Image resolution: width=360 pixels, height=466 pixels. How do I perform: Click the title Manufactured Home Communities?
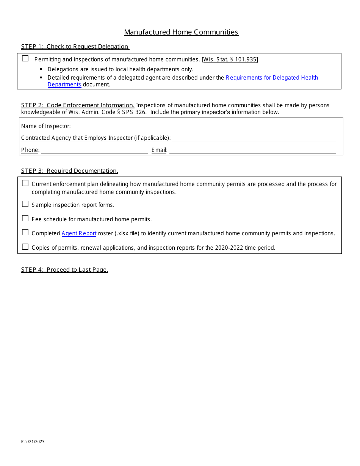pos(181,32)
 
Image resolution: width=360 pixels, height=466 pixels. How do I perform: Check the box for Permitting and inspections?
pos(25,58)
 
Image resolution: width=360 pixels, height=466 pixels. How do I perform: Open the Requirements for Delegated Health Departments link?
pos(272,78)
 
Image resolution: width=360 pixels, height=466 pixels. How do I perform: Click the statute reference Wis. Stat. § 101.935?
pos(230,59)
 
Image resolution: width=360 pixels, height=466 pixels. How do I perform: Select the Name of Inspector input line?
pos(204,126)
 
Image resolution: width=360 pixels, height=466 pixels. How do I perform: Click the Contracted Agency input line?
pos(254,138)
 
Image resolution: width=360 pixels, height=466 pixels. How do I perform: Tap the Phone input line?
pos(95,150)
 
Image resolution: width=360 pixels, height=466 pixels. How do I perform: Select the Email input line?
pos(252,150)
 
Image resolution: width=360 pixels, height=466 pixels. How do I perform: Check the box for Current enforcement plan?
pos(25,183)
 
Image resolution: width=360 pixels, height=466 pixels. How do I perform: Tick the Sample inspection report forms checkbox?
pos(25,204)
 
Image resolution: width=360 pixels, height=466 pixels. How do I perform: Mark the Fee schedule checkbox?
pos(25,218)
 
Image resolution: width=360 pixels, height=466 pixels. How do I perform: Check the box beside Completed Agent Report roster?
pos(25,233)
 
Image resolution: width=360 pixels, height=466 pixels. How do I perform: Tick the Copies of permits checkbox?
pos(25,247)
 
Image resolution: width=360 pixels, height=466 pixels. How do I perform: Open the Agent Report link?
pos(79,233)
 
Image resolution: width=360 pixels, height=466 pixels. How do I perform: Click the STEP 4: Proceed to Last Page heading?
pos(64,270)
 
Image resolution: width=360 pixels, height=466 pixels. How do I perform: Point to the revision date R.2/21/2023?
pos(33,442)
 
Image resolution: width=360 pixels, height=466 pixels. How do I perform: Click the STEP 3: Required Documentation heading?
pos(70,171)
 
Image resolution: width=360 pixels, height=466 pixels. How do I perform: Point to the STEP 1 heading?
pos(75,47)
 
